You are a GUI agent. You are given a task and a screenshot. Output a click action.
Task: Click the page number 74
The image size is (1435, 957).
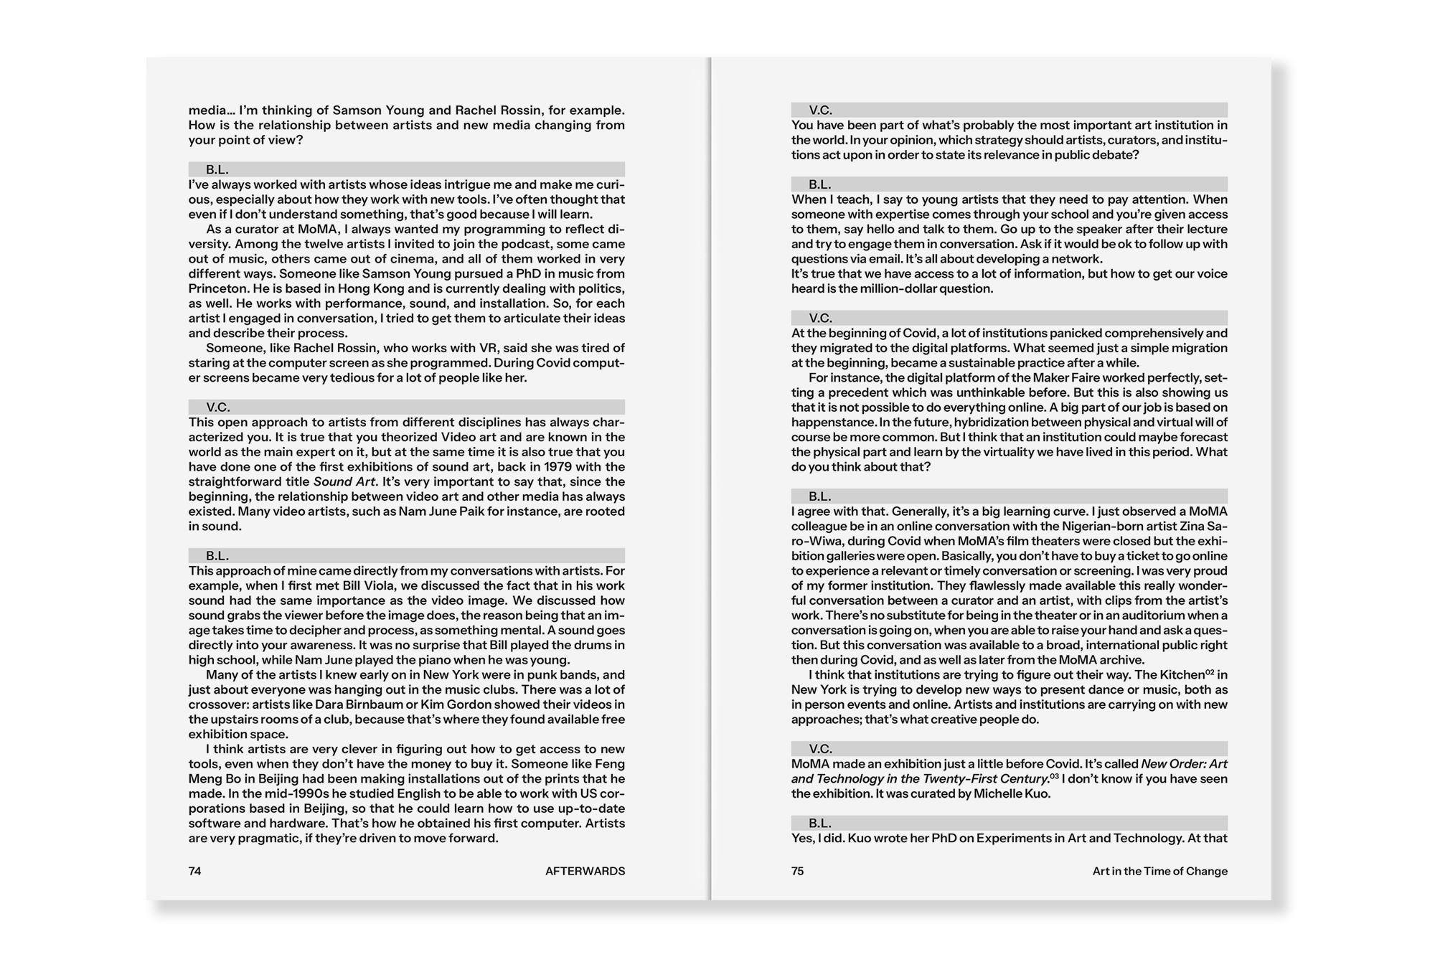click(194, 871)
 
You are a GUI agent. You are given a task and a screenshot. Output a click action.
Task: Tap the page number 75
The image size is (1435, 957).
click(797, 871)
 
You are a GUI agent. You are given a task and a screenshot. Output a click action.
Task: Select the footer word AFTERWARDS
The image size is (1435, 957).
click(585, 871)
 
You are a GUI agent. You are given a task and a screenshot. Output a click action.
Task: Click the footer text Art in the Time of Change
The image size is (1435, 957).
click(1159, 871)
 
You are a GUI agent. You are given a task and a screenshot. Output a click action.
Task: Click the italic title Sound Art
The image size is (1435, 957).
click(344, 482)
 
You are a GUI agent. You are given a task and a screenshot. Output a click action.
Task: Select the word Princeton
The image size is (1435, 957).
click(217, 288)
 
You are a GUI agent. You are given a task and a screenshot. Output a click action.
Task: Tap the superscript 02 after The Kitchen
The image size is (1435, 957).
click(1210, 672)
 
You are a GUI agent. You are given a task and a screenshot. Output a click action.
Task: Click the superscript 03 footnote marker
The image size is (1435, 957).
click(1054, 776)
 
